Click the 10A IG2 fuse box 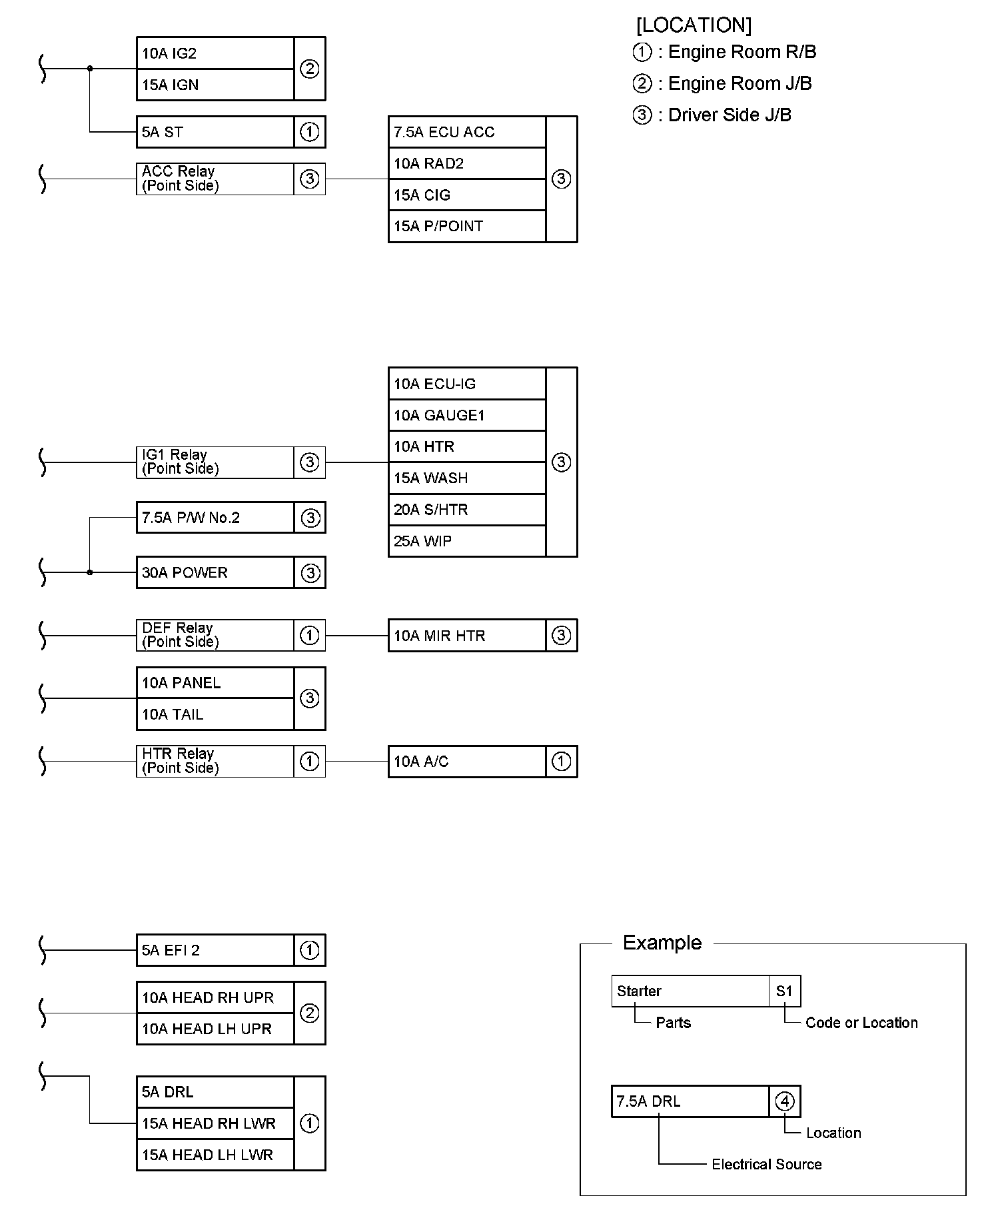(215, 53)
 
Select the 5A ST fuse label (215, 132)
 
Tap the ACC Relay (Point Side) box (215, 179)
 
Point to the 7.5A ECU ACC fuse (466, 132)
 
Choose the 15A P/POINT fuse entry (466, 227)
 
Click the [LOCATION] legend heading (694, 25)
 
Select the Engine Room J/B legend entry (723, 83)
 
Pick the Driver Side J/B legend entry (713, 115)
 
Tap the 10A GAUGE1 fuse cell (466, 415)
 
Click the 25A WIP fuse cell (466, 541)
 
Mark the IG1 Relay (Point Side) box (215, 462)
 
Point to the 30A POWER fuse (215, 572)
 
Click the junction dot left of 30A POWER (90, 572)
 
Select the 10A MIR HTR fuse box (466, 636)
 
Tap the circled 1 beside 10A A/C (562, 761)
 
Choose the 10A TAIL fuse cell (215, 714)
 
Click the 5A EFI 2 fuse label (215, 950)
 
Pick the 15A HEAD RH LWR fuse (215, 1123)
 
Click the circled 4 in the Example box (785, 1101)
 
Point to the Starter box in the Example (690, 991)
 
